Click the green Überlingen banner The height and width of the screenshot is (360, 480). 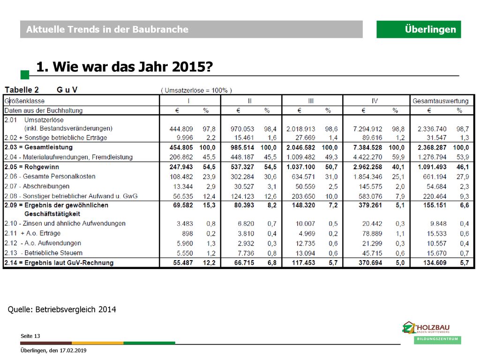[419, 30]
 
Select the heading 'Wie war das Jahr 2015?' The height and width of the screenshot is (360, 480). [133, 67]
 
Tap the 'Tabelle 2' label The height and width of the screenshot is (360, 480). [22, 90]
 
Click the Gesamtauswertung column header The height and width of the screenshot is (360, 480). [441, 101]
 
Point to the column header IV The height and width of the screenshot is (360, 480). [375, 101]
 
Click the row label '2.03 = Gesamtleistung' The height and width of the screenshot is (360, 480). [38, 147]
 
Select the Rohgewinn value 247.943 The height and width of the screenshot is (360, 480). [181, 167]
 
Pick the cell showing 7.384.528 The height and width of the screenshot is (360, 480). [367, 148]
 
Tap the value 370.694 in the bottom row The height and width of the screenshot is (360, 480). [370, 262]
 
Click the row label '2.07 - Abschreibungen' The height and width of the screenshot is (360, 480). [37, 186]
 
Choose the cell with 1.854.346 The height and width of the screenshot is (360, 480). [367, 177]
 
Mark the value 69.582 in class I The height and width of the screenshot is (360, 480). [183, 205]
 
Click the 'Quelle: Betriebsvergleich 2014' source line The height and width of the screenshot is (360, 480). [62, 309]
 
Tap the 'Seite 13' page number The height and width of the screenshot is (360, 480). [30, 336]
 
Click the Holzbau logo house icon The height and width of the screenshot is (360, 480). [409, 327]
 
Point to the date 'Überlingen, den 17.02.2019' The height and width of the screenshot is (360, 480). [53, 350]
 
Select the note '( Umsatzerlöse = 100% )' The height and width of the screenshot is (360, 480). [196, 90]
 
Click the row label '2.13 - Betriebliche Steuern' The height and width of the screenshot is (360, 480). [44, 253]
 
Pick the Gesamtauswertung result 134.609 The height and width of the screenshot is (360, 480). [435, 262]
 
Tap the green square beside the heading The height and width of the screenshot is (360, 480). [25, 75]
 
